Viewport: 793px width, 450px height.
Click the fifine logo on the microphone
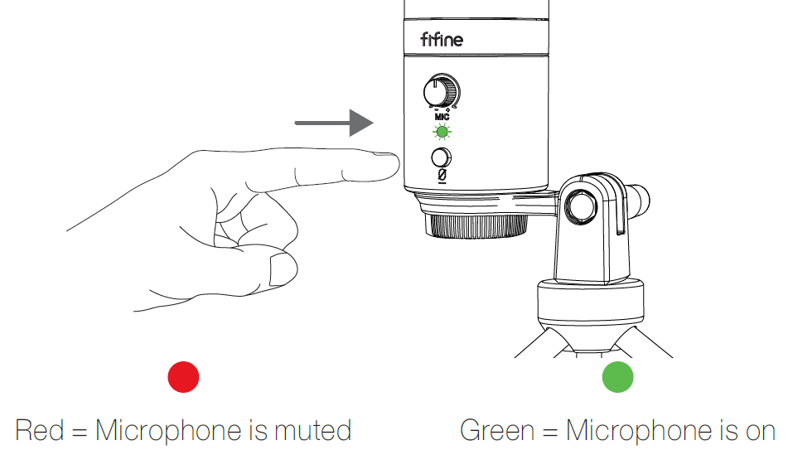click(x=442, y=39)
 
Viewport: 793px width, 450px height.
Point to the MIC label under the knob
click(x=442, y=117)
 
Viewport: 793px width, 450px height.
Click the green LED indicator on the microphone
click(x=442, y=133)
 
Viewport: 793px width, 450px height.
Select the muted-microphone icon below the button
click(x=442, y=177)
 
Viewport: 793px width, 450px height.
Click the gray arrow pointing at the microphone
click(x=335, y=123)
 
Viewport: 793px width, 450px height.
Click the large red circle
click(x=183, y=377)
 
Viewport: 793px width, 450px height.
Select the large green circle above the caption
click(x=617, y=377)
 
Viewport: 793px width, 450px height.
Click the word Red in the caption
click(x=40, y=431)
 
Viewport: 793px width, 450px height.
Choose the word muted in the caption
click(x=312, y=431)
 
